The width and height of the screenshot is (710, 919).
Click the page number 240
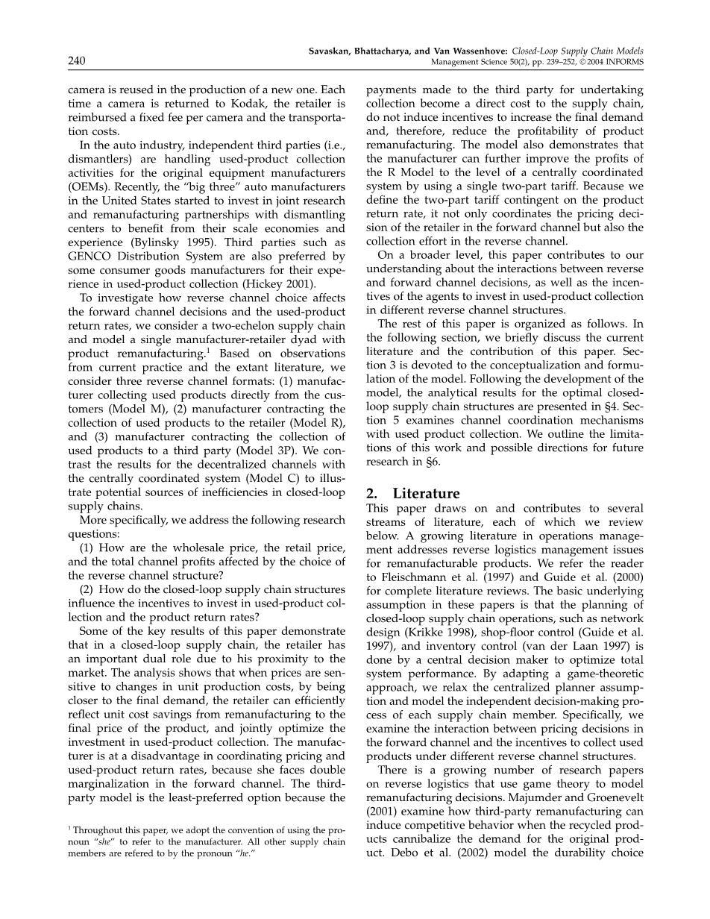(x=77, y=61)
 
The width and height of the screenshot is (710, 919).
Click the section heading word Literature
(x=427, y=494)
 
